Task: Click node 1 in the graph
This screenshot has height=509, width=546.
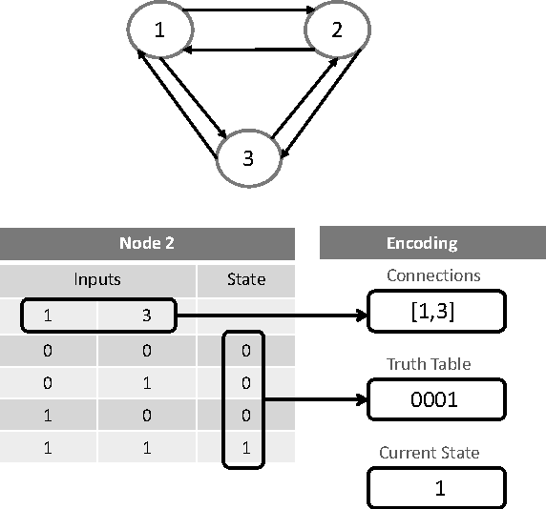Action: click(x=159, y=30)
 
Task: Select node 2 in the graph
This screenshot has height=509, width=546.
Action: click(x=337, y=30)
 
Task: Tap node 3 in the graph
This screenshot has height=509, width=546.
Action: click(x=249, y=157)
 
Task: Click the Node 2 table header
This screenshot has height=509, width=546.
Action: click(x=146, y=243)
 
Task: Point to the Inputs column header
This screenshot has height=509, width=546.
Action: click(x=97, y=279)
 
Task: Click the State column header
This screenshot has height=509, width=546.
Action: click(x=245, y=279)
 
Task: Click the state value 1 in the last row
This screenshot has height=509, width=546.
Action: click(x=245, y=448)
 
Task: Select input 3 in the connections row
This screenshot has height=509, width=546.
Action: click(x=147, y=316)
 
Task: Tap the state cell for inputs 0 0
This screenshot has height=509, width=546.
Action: click(x=245, y=351)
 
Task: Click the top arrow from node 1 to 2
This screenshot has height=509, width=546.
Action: click(x=248, y=12)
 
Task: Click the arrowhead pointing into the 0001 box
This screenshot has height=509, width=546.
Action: click(x=362, y=399)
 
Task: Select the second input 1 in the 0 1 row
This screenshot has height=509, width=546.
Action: click(x=147, y=383)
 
